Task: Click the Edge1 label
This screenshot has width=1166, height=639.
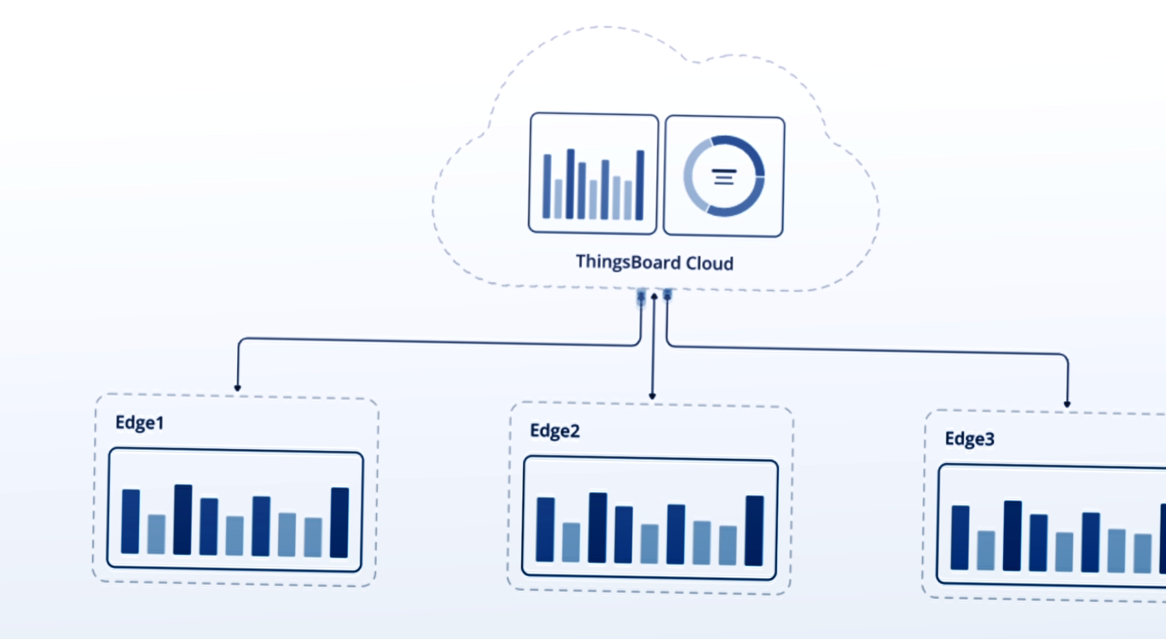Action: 140,423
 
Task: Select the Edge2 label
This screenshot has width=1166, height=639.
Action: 555,431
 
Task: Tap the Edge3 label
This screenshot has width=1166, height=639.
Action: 969,439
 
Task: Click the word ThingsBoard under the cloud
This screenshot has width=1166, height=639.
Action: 629,262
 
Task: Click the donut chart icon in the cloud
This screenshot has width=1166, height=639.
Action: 724,176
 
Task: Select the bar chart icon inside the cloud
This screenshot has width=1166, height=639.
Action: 593,174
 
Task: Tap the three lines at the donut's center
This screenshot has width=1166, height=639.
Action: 724,177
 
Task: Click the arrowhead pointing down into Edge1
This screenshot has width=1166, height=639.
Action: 238,388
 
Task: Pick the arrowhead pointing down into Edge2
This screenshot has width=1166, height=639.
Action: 652,396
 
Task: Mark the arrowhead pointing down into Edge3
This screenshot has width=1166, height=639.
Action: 1067,404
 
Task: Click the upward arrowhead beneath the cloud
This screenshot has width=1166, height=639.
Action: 654,296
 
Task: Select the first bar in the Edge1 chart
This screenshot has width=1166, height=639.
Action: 131,521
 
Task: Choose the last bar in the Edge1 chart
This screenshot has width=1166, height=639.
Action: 340,523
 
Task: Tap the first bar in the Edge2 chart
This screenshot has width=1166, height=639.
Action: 545,530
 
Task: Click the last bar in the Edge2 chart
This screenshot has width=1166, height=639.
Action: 754,531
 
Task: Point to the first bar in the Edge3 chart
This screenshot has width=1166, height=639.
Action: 960,538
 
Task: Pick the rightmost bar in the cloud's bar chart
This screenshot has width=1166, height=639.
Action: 640,185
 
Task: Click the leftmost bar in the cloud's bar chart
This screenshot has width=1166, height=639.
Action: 547,187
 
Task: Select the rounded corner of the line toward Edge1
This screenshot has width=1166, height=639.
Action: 241,340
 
